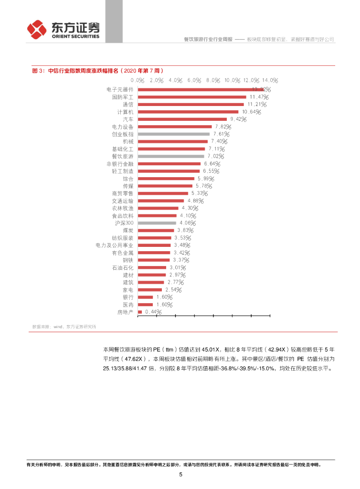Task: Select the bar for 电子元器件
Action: click(201, 89)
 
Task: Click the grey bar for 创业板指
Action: click(173, 134)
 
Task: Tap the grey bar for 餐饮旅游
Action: click(170, 156)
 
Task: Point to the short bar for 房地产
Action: click(140, 312)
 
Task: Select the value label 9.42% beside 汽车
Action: click(239, 119)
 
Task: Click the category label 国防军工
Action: click(122, 97)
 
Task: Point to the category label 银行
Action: click(127, 297)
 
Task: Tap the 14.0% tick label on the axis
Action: click(269, 80)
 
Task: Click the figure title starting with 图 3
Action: click(98, 70)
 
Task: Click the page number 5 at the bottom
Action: click(180, 475)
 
